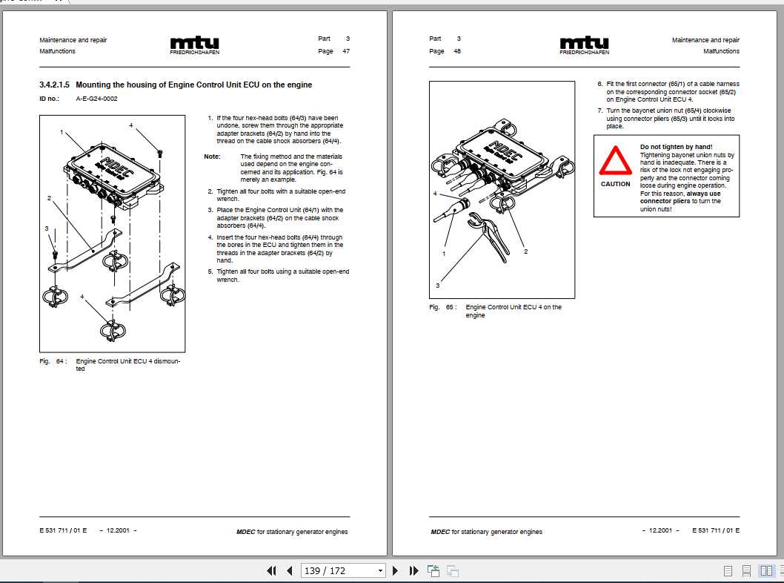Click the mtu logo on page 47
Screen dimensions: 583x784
194,44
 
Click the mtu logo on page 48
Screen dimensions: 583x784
584,44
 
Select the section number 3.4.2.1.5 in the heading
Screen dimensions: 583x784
55,85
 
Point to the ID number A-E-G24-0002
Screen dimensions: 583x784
96,99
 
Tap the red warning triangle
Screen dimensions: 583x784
615,161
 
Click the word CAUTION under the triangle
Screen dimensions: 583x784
615,184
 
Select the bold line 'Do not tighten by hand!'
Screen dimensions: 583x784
676,147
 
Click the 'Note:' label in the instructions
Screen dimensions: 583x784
212,157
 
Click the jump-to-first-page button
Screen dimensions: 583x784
272,570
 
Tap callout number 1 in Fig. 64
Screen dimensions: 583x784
62,131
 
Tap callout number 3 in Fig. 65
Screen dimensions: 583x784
437,285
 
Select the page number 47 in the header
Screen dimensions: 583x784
346,51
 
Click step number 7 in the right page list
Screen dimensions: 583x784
600,111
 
